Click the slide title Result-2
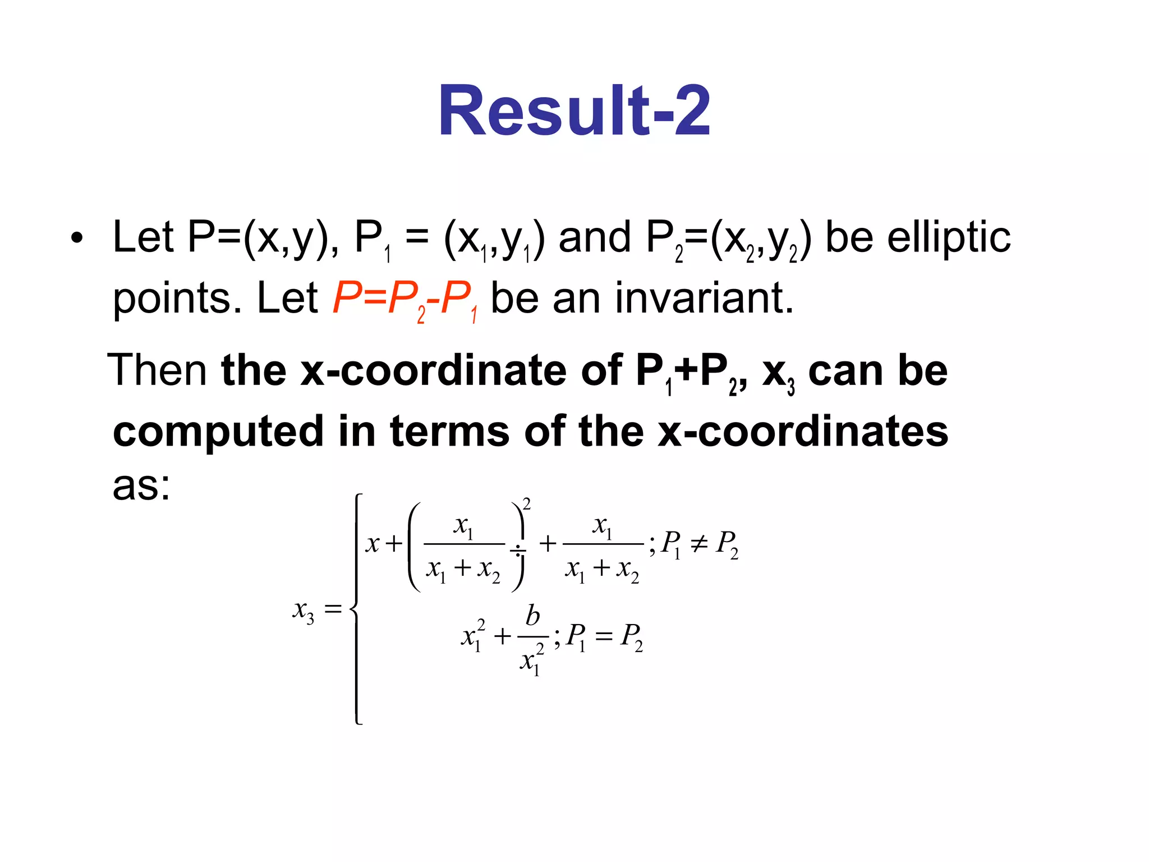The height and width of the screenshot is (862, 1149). (x=574, y=111)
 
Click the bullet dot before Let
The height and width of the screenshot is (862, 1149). (x=77, y=239)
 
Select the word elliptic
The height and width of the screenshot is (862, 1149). (x=949, y=237)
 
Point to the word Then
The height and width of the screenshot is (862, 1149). (x=158, y=370)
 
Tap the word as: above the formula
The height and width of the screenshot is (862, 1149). (x=141, y=485)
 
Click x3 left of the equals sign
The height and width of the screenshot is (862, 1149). (x=303, y=609)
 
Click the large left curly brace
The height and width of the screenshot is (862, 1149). (x=357, y=609)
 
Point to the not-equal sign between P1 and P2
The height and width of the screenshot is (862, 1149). (x=698, y=543)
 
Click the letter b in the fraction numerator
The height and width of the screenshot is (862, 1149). (x=532, y=616)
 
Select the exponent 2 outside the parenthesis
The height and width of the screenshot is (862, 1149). (x=526, y=503)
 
